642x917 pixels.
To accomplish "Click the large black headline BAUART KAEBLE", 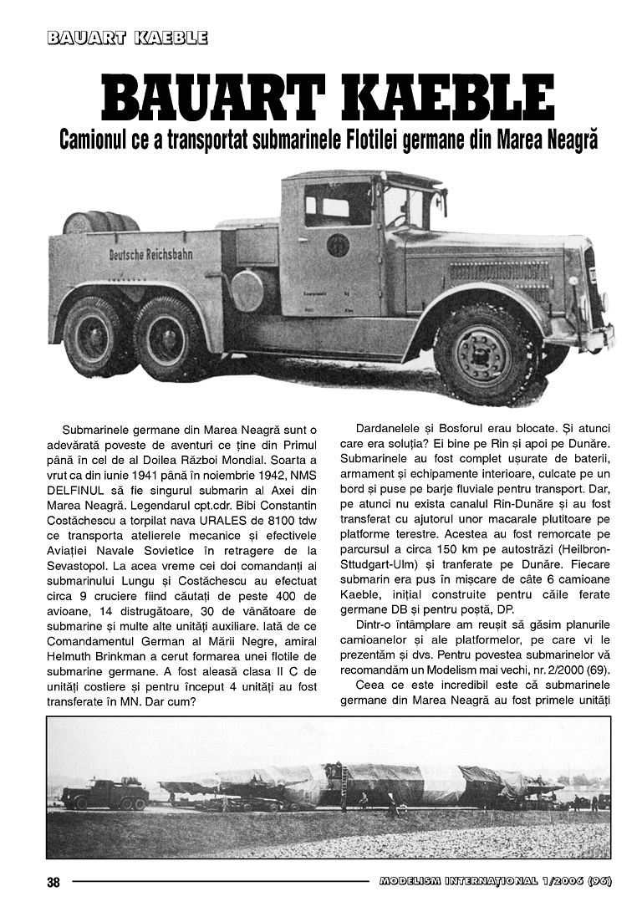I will click(328, 98).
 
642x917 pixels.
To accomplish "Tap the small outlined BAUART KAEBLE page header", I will click(128, 38).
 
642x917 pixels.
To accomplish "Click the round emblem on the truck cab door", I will click(338, 245).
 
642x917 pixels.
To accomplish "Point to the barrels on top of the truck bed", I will click(100, 222).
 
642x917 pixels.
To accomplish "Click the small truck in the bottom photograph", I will click(104, 792).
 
